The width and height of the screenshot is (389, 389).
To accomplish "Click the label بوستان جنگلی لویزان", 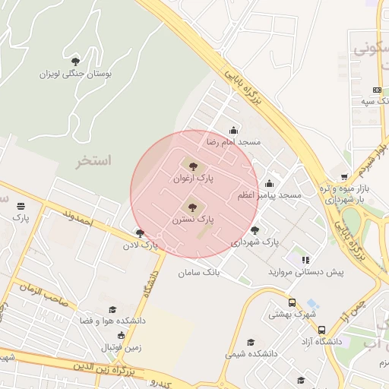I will [x=76, y=74].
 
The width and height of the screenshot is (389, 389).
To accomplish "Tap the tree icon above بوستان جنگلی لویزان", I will [x=74, y=61].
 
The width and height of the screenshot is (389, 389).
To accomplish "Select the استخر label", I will [x=93, y=161].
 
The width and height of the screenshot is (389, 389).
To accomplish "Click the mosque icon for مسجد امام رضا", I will [x=232, y=130].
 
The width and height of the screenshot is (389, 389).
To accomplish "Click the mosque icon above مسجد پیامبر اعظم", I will [x=269, y=183].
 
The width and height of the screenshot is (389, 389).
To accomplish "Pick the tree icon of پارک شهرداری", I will [x=255, y=229].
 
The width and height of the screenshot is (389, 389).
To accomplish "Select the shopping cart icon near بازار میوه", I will [x=345, y=176].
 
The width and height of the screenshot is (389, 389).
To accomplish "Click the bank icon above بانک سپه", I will [x=378, y=90].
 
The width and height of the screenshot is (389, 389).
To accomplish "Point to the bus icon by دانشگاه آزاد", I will [x=322, y=330].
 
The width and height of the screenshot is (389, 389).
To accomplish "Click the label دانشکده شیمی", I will [x=251, y=354].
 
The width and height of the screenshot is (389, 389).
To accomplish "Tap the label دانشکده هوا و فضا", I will [x=113, y=321].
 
